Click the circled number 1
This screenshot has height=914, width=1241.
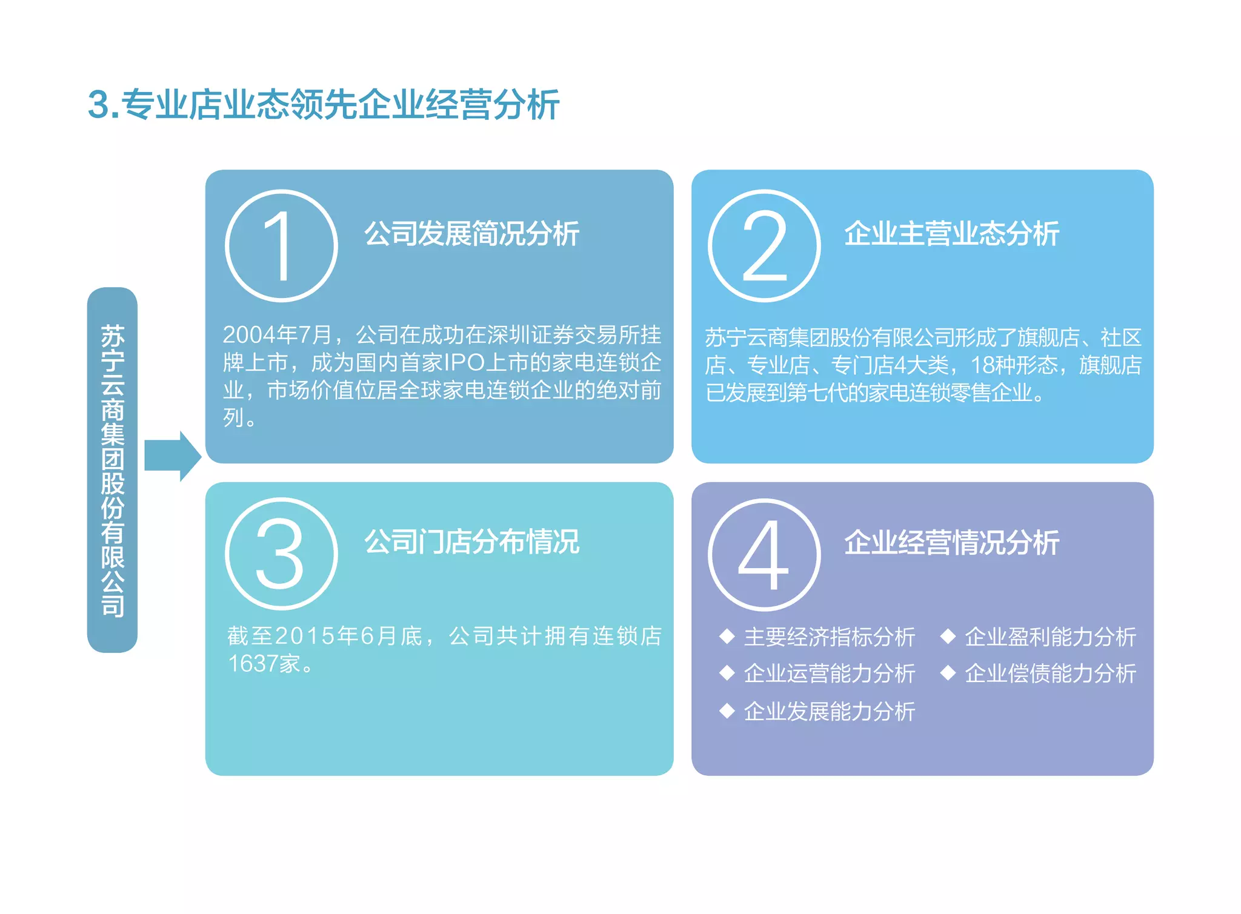click(x=281, y=246)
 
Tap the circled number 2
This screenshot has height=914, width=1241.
click(x=764, y=246)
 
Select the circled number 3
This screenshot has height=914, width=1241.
click(x=281, y=554)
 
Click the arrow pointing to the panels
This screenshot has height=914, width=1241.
click(x=172, y=456)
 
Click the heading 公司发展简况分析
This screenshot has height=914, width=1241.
click(x=471, y=234)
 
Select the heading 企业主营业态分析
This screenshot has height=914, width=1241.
click(x=951, y=234)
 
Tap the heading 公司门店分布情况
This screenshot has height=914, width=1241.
click(x=471, y=541)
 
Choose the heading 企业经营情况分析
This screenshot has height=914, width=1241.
click(x=951, y=542)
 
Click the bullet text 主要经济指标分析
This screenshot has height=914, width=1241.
click(x=829, y=637)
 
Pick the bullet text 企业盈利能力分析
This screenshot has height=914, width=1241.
click(x=1050, y=637)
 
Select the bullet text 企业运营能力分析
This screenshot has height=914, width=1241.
click(x=829, y=674)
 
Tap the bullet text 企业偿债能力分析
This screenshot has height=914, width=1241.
click(x=1050, y=674)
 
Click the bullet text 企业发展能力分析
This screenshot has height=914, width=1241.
click(x=829, y=711)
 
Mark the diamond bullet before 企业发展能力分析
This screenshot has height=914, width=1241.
click(x=727, y=710)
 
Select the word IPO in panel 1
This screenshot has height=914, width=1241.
click(x=464, y=362)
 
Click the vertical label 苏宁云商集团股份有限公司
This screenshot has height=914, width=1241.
click(x=113, y=469)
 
